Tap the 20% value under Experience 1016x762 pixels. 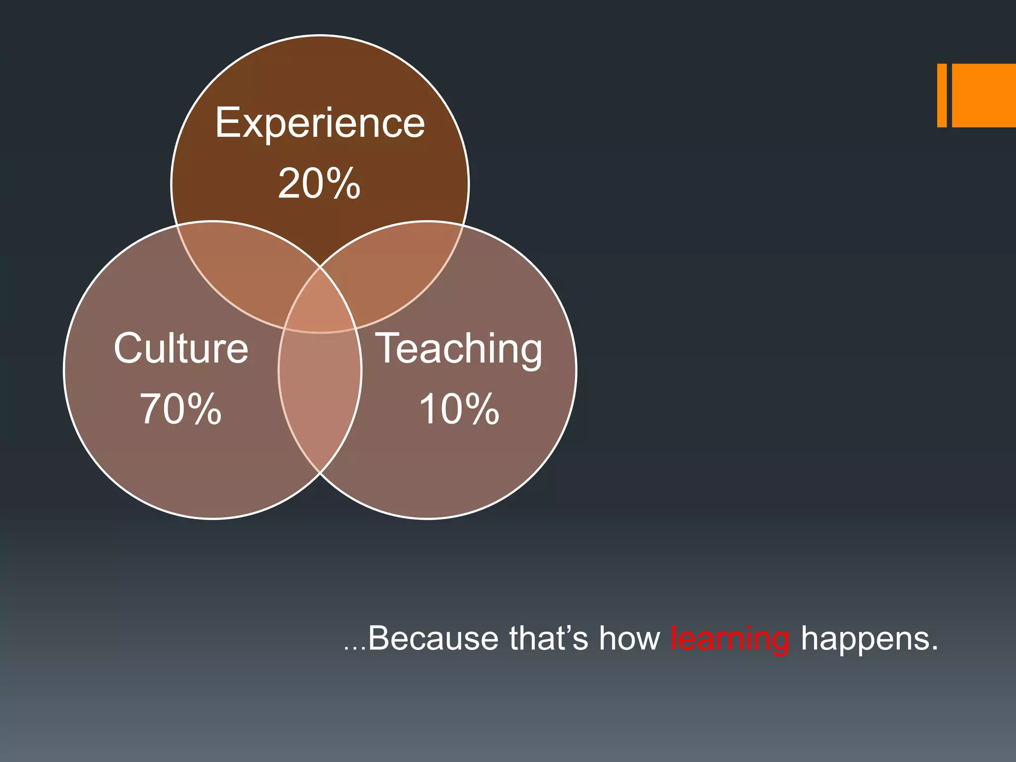pyautogui.click(x=319, y=184)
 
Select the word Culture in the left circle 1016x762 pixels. pyautogui.click(x=181, y=348)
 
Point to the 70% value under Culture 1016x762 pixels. pyautogui.click(x=181, y=409)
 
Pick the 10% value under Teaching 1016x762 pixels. pyautogui.click(x=459, y=409)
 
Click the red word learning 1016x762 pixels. pyautogui.click(x=730, y=639)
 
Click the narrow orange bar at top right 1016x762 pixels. pyautogui.click(x=942, y=95)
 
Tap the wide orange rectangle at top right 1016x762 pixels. pyautogui.click(x=984, y=95)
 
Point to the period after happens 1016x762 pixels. pyautogui.click(x=935, y=648)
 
